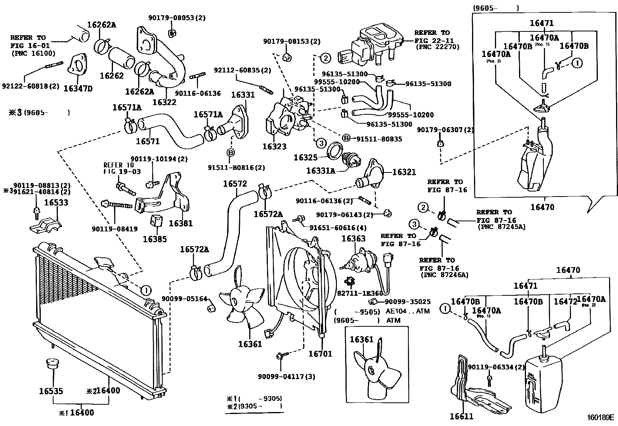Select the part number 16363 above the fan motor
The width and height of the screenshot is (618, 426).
click(353, 239)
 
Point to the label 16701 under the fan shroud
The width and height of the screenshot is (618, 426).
click(320, 354)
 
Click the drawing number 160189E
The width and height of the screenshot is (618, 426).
click(600, 418)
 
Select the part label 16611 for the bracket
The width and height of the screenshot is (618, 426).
click(462, 417)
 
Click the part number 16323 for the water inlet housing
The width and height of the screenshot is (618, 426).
click(274, 147)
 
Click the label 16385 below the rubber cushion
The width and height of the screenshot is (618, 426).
click(154, 239)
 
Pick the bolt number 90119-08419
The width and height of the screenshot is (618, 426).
click(115, 229)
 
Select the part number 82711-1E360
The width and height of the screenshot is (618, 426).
click(359, 293)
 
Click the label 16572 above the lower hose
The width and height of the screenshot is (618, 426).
click(234, 184)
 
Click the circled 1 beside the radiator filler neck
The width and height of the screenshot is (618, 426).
click(145, 290)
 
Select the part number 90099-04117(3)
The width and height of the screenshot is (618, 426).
click(286, 376)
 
